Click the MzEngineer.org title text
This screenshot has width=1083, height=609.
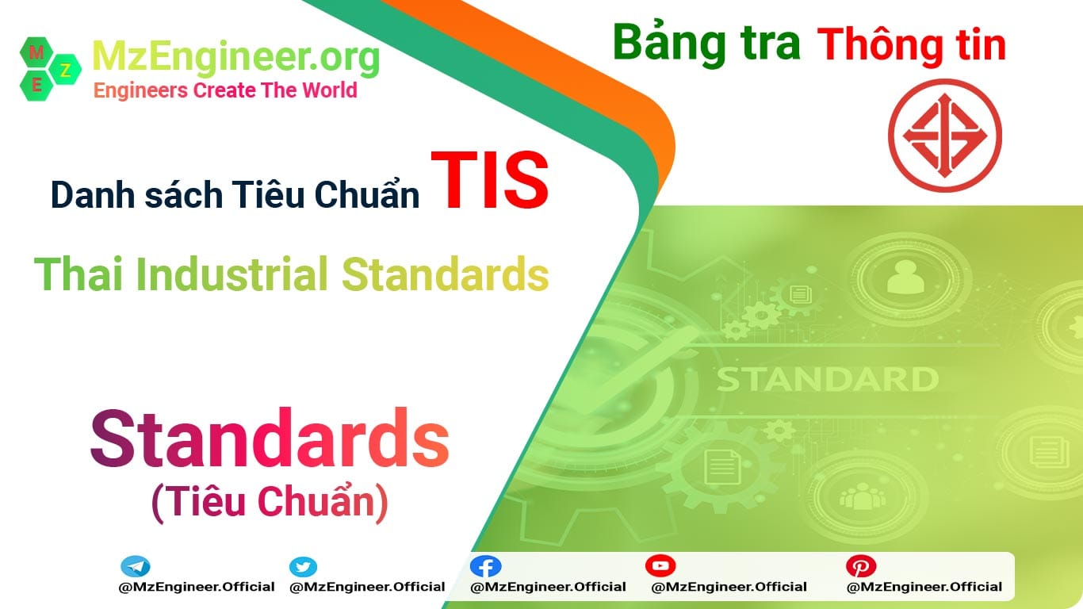pos(236,57)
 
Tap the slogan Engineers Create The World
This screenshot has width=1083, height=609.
pos(225,90)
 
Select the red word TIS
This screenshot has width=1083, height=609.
pos(490,182)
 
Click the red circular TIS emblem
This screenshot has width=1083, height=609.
pos(944,136)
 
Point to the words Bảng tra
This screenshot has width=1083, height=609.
pos(706,44)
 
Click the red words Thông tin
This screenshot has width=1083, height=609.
pos(913,45)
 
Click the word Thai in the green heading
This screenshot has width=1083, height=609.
pos(79,274)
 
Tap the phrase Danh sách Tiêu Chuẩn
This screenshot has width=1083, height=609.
pos(235,194)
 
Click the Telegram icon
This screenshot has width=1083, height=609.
pos(136,567)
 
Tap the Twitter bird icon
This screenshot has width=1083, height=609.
pos(303,567)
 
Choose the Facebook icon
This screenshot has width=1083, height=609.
pos(485,566)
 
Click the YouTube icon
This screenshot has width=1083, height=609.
pos(660,565)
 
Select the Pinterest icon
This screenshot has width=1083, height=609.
pos(860,566)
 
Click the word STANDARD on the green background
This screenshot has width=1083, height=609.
pos(828,379)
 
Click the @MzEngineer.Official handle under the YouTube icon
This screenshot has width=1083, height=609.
pos(729,588)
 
